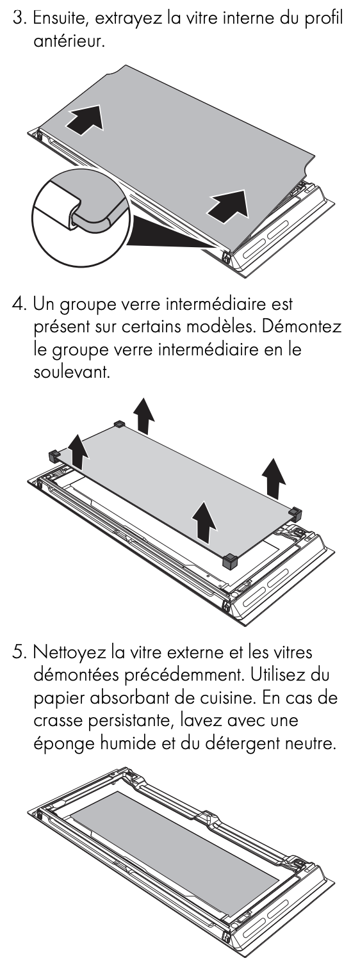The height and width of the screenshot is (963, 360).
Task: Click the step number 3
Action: click(x=18, y=19)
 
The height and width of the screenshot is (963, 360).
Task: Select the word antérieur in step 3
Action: click(x=69, y=42)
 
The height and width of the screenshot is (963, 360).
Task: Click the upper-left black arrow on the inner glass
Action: click(x=85, y=120)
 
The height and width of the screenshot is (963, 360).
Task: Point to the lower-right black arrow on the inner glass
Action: click(x=229, y=206)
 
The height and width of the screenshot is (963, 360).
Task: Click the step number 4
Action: click(x=19, y=304)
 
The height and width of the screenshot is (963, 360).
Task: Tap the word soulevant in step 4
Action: click(x=72, y=372)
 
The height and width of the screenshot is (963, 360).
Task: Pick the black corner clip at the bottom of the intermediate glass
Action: click(x=230, y=560)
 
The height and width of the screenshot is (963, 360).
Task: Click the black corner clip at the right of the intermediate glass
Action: click(x=295, y=513)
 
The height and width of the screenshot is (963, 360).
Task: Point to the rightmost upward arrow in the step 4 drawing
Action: click(x=274, y=477)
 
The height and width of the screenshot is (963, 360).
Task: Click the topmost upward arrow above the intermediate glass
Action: click(x=143, y=416)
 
